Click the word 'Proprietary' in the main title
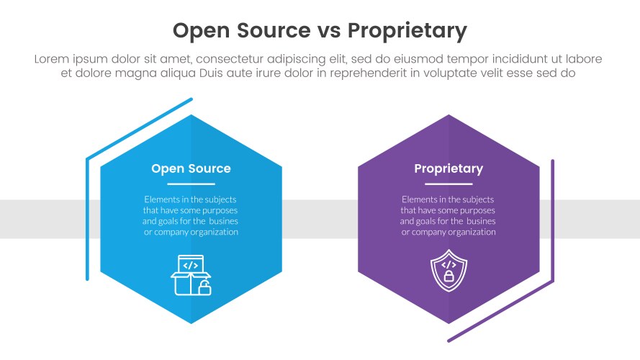(x=407, y=31)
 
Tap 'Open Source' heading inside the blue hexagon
(x=191, y=168)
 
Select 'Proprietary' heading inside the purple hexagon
(x=449, y=168)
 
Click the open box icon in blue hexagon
(x=190, y=275)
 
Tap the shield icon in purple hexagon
(x=448, y=271)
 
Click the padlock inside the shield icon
(x=449, y=276)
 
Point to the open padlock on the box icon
(x=204, y=289)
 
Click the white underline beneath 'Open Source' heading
(x=191, y=184)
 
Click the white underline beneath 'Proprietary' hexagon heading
(x=449, y=184)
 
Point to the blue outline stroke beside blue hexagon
(x=87, y=216)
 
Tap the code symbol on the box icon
(x=191, y=265)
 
